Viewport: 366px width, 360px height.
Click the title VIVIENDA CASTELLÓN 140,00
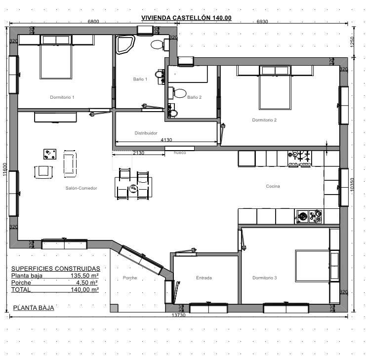point(186,18)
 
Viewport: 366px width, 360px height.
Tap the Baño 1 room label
point(140,80)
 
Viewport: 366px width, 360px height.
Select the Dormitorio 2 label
point(264,120)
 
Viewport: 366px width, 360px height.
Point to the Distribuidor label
point(146,133)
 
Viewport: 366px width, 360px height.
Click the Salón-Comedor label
point(81,188)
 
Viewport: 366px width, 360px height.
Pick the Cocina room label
point(273,186)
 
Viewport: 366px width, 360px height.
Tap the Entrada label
point(204,278)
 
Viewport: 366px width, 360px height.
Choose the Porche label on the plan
point(130,278)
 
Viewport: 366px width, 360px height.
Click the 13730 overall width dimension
point(179,315)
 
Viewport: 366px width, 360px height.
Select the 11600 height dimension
point(5,169)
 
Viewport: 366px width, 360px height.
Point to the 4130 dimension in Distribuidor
point(166,140)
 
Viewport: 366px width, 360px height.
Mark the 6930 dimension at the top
point(262,21)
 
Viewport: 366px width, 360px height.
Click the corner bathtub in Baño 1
point(125,44)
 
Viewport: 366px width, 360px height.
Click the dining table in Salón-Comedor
point(133,187)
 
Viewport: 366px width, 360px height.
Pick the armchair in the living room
point(43,172)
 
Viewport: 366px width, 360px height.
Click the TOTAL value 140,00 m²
point(84,289)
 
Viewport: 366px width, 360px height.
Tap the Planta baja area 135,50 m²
point(84,276)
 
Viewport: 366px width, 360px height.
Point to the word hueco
point(180,153)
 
